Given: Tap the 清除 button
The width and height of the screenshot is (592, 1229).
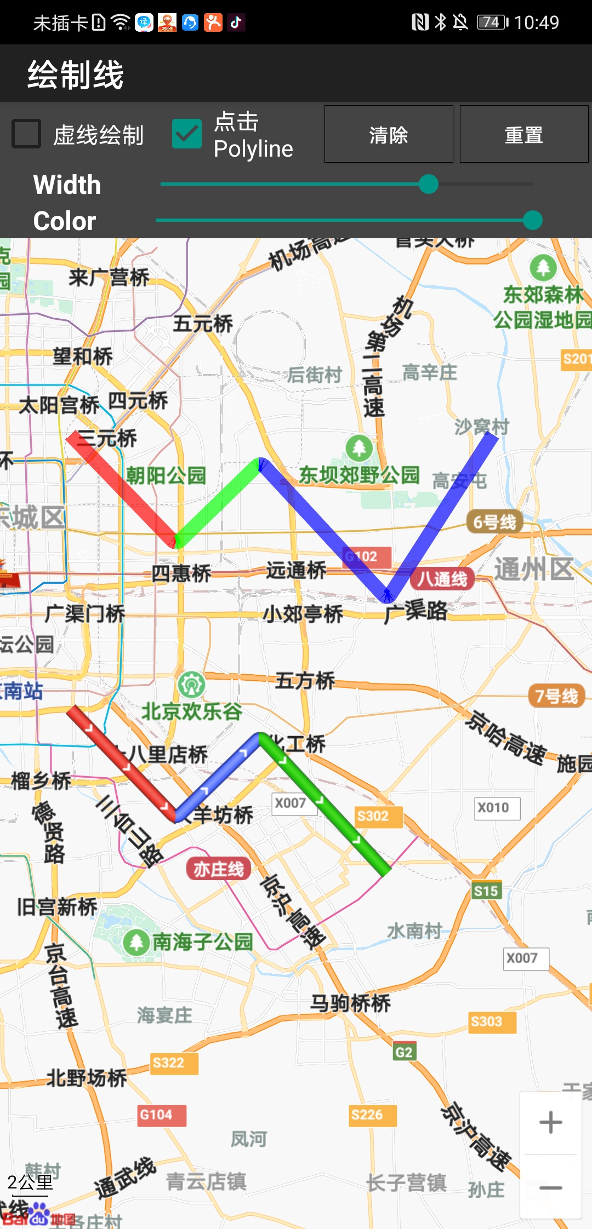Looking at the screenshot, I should click(389, 135).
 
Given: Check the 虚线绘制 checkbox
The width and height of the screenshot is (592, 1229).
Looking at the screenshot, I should click(26, 134).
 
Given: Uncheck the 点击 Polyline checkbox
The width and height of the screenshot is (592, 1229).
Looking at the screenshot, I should click(187, 134).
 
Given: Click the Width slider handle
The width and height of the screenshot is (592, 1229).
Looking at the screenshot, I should click(428, 184).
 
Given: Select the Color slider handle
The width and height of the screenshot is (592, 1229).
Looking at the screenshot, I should click(532, 220).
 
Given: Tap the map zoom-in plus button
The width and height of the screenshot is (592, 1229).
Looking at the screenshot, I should click(550, 1123).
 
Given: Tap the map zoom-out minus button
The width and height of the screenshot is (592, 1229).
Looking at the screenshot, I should click(550, 1187).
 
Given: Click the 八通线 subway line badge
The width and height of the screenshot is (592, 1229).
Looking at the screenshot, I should click(442, 579).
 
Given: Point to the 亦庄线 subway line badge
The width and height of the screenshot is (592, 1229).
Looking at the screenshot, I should click(218, 869).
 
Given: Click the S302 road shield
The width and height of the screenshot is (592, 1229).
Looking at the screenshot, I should click(373, 816).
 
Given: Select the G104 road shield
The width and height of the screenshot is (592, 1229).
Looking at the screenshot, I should click(156, 1115).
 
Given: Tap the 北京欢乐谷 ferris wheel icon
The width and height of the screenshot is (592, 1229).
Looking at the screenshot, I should click(191, 684).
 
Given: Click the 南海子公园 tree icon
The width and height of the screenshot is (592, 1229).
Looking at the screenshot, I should click(136, 943).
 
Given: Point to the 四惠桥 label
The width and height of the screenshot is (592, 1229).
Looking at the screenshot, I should click(181, 573).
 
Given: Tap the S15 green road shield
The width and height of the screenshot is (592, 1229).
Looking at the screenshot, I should click(486, 891).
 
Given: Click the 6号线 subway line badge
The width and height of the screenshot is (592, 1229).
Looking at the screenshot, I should click(494, 522).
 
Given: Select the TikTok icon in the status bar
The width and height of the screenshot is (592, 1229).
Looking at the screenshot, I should click(236, 22).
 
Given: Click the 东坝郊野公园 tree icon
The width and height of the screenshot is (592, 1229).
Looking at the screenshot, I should click(359, 448).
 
